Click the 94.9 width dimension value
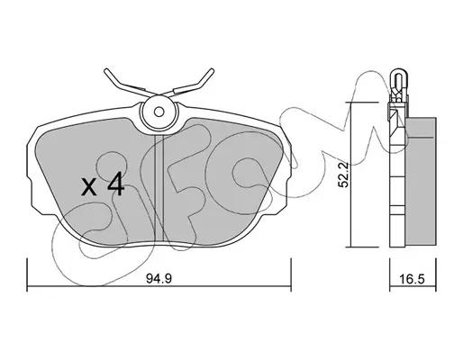pyautogui.click(x=159, y=279)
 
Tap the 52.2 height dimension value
pyautogui.click(x=342, y=175)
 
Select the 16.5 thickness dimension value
pyautogui.click(x=413, y=279)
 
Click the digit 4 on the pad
pyautogui.click(x=116, y=184)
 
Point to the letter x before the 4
pyautogui.click(x=89, y=187)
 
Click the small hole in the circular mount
pyautogui.click(x=159, y=112)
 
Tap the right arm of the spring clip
pyautogui.click(x=191, y=83)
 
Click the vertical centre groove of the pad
pyautogui.click(x=159, y=187)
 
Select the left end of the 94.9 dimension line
pyautogui.click(x=27, y=286)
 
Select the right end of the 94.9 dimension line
pyautogui.click(x=291, y=286)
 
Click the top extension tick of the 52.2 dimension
pyautogui.click(x=362, y=103)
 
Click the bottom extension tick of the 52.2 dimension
pyautogui.click(x=362, y=247)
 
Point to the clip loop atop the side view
pyautogui.click(x=398, y=79)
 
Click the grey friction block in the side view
pyautogui.click(x=421, y=183)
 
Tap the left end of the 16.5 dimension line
pyautogui.click(x=390, y=286)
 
